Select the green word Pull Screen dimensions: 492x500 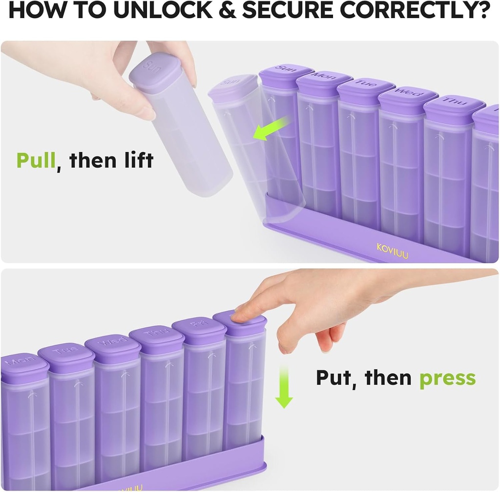[x=36, y=160]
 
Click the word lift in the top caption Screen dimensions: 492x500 [x=136, y=160]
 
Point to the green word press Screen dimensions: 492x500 [x=447, y=378]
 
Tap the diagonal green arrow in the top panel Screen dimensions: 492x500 [x=270, y=129]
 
